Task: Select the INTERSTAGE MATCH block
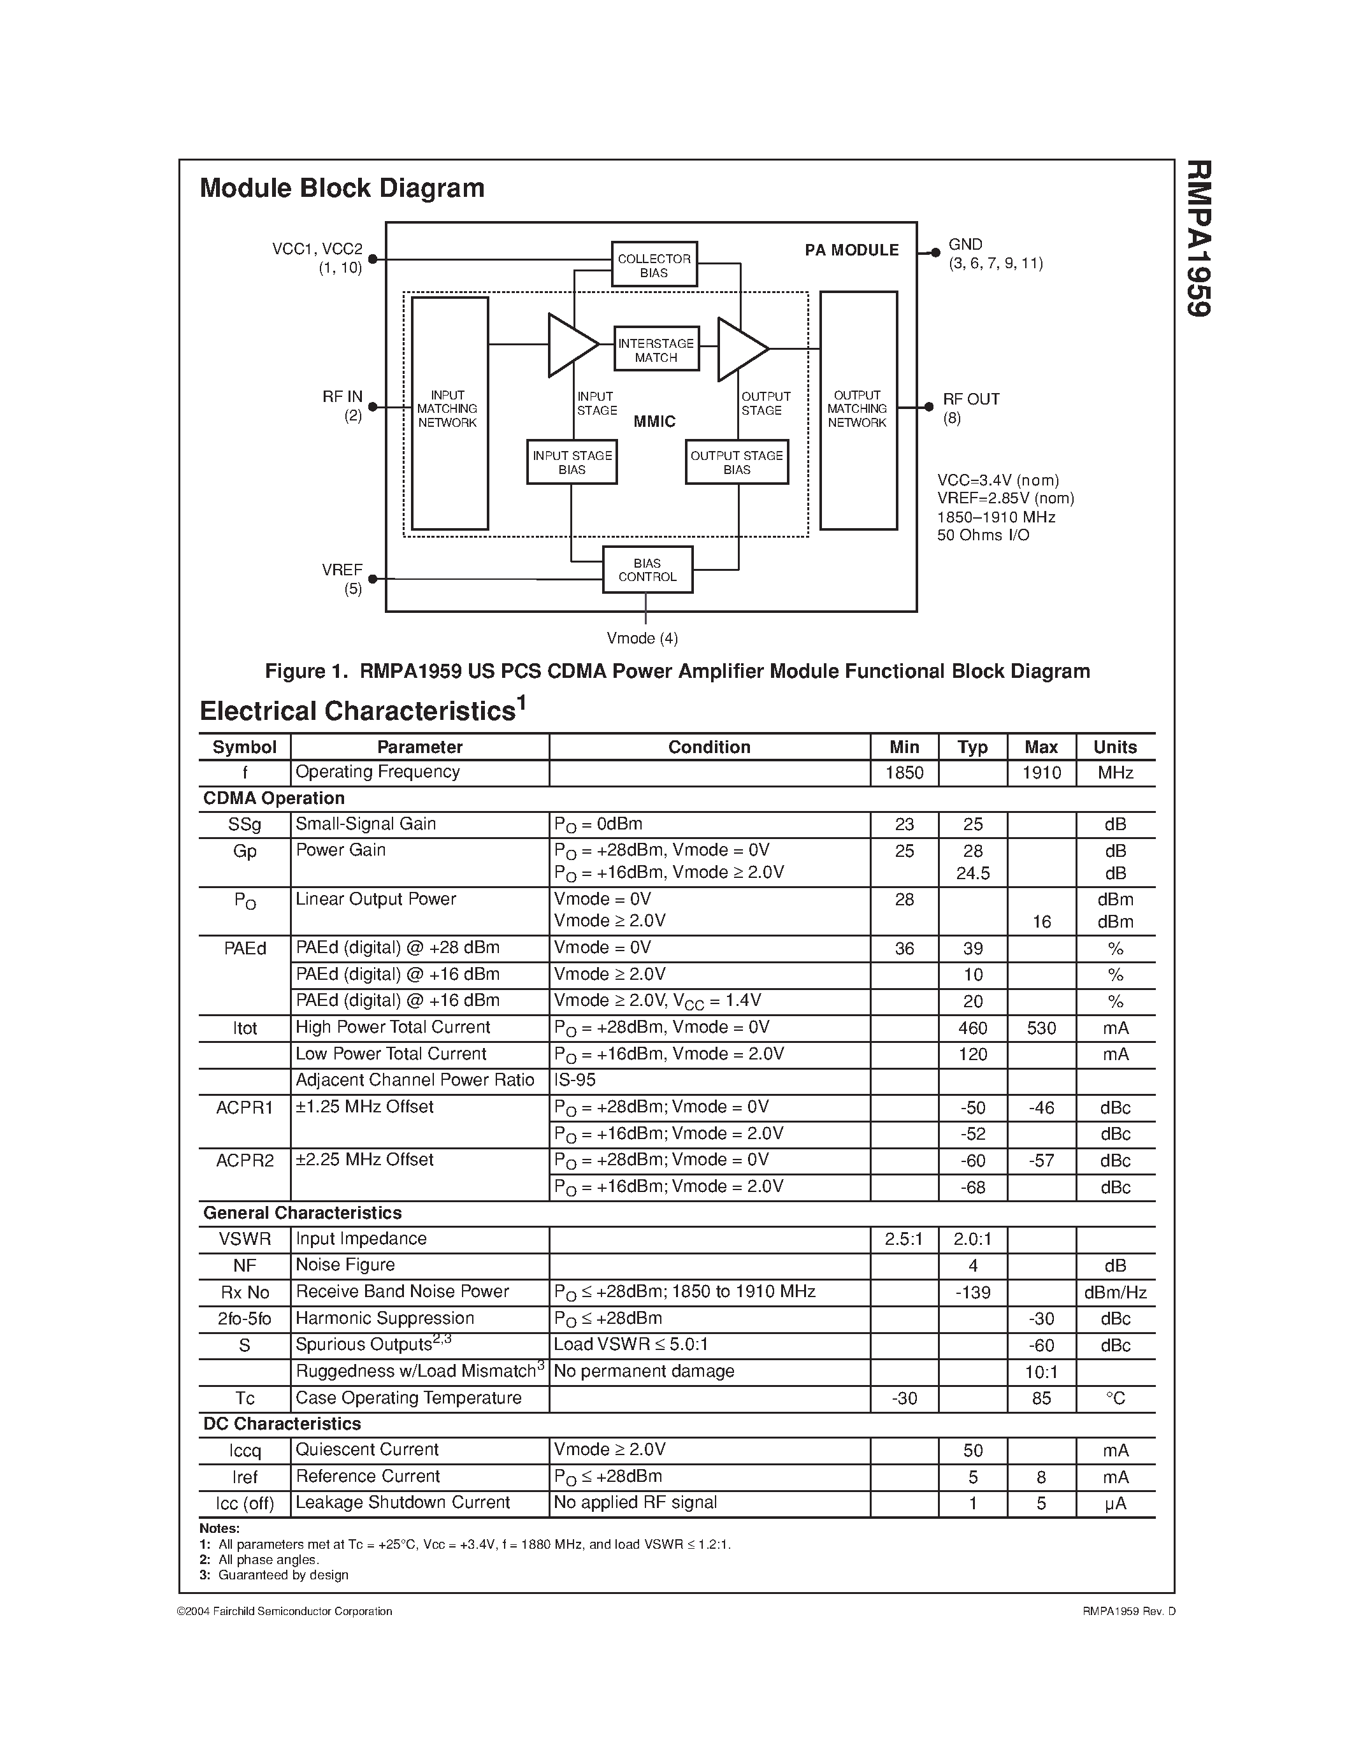(656, 350)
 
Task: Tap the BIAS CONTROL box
(647, 570)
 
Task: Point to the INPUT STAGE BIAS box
(572, 462)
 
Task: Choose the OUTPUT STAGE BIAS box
(737, 462)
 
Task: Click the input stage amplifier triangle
(570, 345)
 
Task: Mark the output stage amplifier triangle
(740, 349)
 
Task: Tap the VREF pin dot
(372, 578)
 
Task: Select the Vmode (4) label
(642, 638)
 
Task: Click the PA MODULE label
(852, 250)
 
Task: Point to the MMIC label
(654, 422)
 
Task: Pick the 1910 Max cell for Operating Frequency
(1041, 773)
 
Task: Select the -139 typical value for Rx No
(972, 1293)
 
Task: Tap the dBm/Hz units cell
(1115, 1293)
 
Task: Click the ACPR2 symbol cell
(245, 1160)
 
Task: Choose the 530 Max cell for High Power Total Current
(1041, 1028)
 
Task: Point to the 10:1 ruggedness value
(1041, 1372)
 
